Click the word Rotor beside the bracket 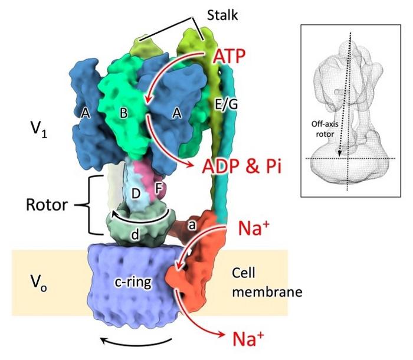point(47,206)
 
